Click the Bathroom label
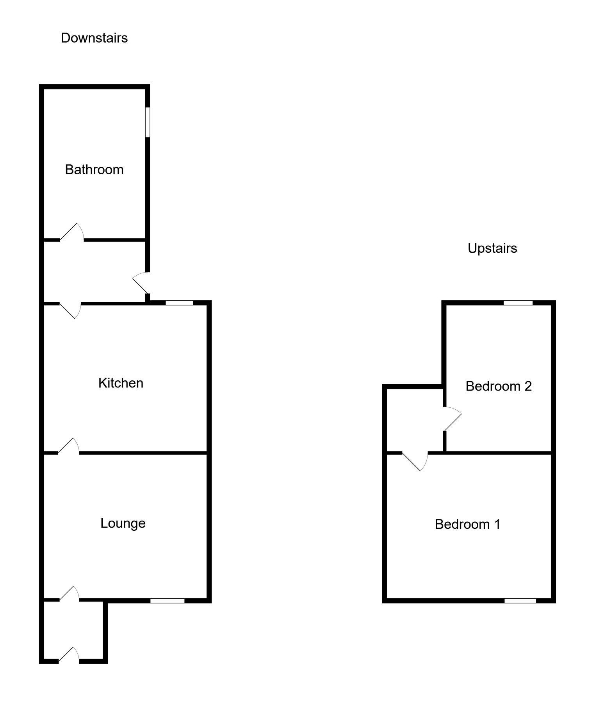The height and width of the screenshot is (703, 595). pos(94,170)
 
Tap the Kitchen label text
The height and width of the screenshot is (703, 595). pos(121,383)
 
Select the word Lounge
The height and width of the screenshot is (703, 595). pos(123,523)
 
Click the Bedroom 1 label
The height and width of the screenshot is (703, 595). pos(467,524)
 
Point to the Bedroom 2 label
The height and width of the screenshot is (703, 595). pos(499,386)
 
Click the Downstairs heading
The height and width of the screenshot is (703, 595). pos(94,38)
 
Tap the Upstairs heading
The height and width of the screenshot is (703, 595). pos(492,248)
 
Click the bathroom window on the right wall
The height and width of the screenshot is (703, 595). pos(148,122)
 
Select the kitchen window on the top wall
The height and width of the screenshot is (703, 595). pos(179,303)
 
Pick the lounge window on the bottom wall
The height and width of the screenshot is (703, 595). pos(167,601)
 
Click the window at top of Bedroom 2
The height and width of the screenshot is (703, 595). pos(518,303)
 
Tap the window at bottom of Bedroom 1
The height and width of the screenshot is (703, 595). pos(520,601)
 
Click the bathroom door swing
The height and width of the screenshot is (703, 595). pos(73,233)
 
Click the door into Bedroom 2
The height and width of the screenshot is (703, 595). pos(452,419)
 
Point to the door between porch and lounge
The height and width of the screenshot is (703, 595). pos(70,594)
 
